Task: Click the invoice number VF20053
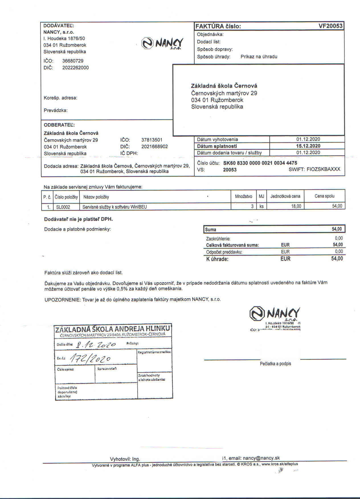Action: [330, 26]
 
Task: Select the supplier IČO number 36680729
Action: [73, 61]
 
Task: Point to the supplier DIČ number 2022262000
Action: [75, 68]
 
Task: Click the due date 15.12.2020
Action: [308, 146]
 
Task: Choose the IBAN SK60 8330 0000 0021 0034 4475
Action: [260, 163]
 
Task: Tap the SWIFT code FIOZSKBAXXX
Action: [323, 169]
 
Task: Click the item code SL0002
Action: [63, 207]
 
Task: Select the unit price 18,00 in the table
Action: [296, 206]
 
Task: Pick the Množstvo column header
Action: [244, 196]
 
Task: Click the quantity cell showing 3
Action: [252, 206]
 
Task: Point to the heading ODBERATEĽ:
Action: [59, 125]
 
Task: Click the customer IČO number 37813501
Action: [152, 140]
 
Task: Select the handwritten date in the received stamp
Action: [96, 345]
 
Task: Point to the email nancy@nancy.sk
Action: [261, 458]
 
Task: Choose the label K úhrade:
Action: [217, 259]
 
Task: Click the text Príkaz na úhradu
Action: [259, 57]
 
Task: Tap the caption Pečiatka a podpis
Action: [275, 364]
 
